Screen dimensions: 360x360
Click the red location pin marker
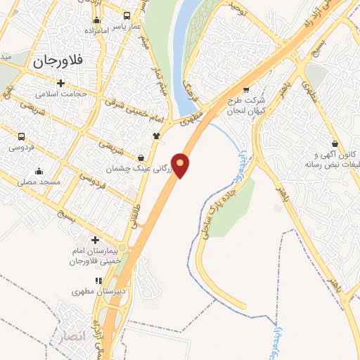tap(181, 165)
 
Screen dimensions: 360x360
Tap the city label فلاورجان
tap(58, 60)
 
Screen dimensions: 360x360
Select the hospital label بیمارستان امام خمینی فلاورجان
tap(96, 256)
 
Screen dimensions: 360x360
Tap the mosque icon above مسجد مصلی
tap(39, 171)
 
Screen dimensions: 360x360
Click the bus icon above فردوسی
tap(22, 137)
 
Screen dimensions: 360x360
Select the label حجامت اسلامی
tap(61, 94)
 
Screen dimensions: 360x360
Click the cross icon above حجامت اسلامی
tap(61, 83)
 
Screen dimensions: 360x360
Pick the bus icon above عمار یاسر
tap(127, 15)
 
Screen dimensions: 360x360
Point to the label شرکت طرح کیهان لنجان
tap(246, 105)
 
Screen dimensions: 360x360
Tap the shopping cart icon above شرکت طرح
tap(245, 90)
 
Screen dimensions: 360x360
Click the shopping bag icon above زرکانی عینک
tap(143, 158)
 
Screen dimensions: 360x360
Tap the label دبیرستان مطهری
tap(99, 290)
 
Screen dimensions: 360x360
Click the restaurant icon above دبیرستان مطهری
tap(99, 280)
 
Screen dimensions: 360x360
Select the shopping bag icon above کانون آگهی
tap(335, 143)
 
